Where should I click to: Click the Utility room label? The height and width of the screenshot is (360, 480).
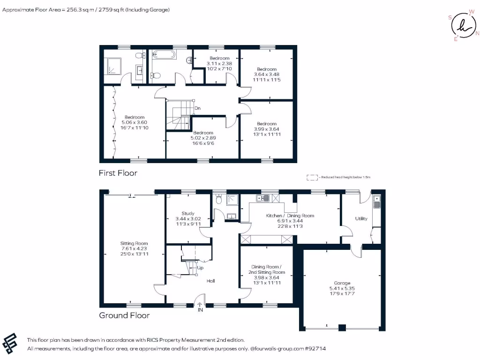(x=361, y=218)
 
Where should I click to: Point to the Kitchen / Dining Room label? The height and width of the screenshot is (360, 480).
(x=290, y=216)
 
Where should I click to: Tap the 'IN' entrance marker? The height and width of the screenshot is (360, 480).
(x=200, y=310)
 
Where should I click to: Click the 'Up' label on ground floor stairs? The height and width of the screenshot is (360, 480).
(x=200, y=268)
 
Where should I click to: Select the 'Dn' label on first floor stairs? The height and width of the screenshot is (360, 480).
(x=198, y=108)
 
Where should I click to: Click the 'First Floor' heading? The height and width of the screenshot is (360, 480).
(x=118, y=173)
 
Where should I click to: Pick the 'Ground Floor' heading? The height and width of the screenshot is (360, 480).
(x=124, y=315)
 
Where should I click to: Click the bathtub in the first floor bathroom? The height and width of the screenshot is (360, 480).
(x=163, y=55)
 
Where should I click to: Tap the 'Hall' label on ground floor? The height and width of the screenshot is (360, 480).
(x=211, y=281)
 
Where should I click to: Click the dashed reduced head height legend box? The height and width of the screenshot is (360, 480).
(x=311, y=177)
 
